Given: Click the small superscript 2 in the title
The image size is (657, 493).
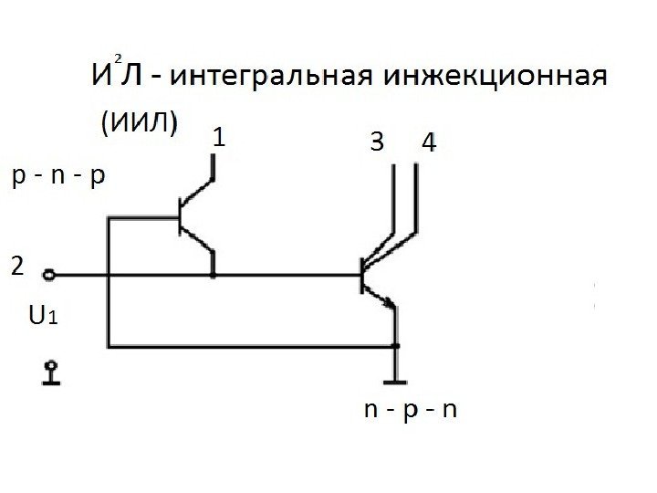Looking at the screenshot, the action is [x=118, y=57].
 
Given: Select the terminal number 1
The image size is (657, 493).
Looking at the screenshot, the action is [x=219, y=139].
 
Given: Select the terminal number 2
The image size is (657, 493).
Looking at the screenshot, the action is [x=17, y=267].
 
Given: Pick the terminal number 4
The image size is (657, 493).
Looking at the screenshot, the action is [x=430, y=142].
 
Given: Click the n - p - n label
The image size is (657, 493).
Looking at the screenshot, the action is [x=410, y=410].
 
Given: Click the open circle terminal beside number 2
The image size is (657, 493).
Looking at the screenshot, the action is [x=49, y=274].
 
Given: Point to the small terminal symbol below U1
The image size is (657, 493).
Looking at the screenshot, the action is [x=52, y=372].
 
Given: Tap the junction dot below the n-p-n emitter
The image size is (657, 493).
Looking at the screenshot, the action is [x=397, y=346].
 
